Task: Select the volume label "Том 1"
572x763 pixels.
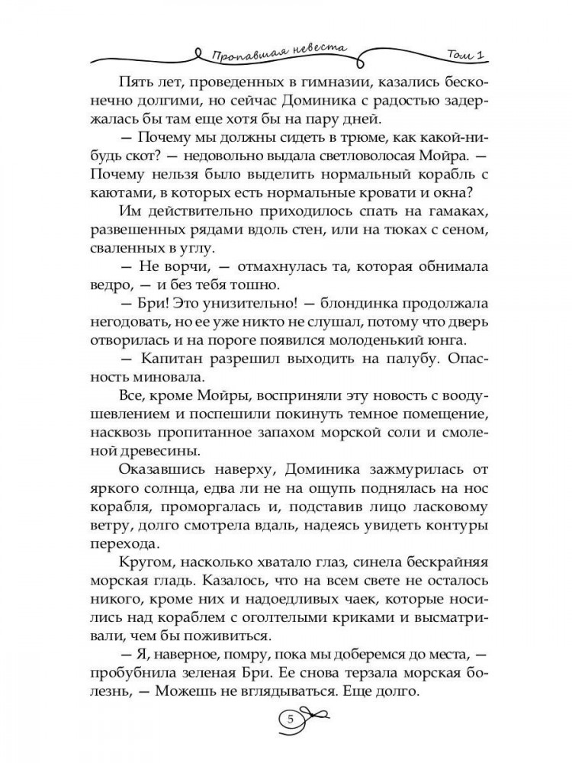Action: point(468,54)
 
